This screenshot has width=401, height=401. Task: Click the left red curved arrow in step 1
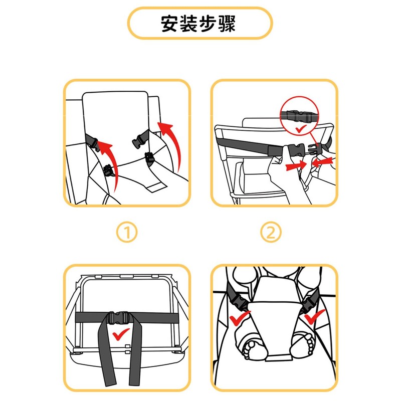point(108,160)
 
